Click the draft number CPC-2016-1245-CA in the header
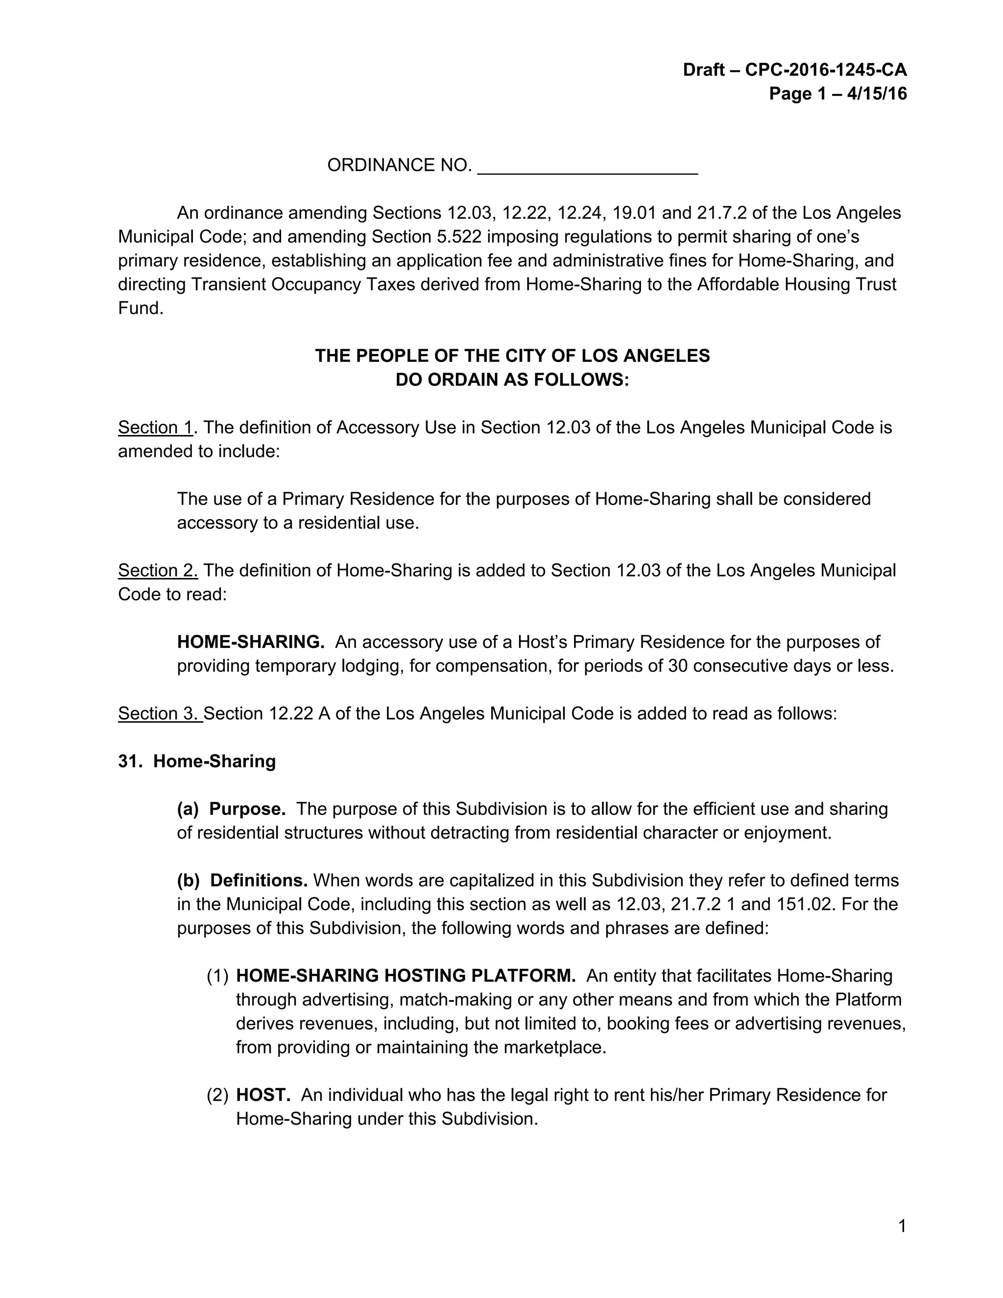pos(825,70)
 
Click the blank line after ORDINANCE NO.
pos(587,167)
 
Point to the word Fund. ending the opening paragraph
pos(141,309)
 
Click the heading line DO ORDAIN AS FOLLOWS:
pos(512,380)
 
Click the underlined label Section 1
pos(156,427)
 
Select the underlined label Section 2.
pos(158,571)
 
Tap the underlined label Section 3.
pos(159,713)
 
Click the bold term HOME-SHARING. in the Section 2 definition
pos(251,642)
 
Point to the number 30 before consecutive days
pos(677,666)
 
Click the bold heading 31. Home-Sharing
pos(197,761)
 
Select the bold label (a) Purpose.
pos(231,809)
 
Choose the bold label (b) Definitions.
pos(242,880)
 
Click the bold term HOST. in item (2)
pos(263,1095)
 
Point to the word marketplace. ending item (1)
pos(554,1047)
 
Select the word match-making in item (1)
pos(455,1000)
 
